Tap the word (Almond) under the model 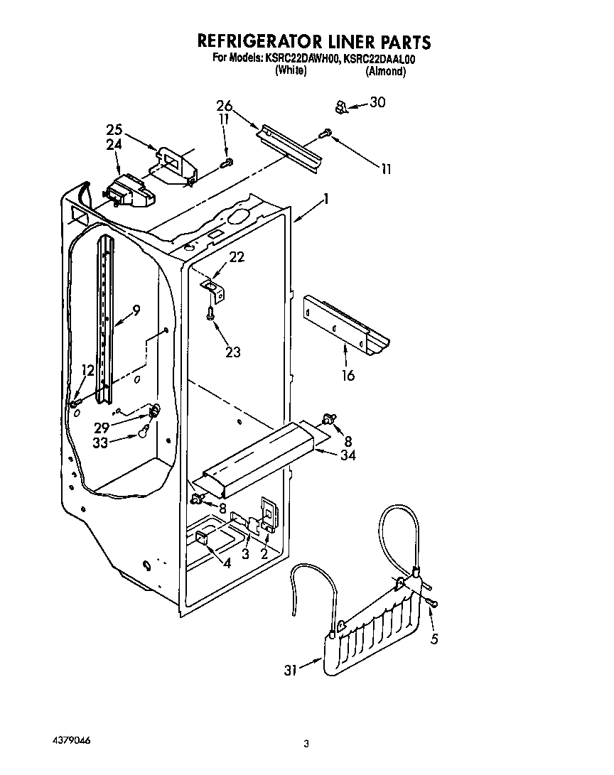[386, 71]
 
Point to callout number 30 [377, 103]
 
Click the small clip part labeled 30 [340, 107]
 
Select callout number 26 [225, 107]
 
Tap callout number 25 [114, 130]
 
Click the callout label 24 [114, 143]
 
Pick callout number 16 [348, 375]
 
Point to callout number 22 [236, 257]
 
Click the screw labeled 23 [211, 313]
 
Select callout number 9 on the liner [136, 310]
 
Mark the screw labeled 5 [433, 604]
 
